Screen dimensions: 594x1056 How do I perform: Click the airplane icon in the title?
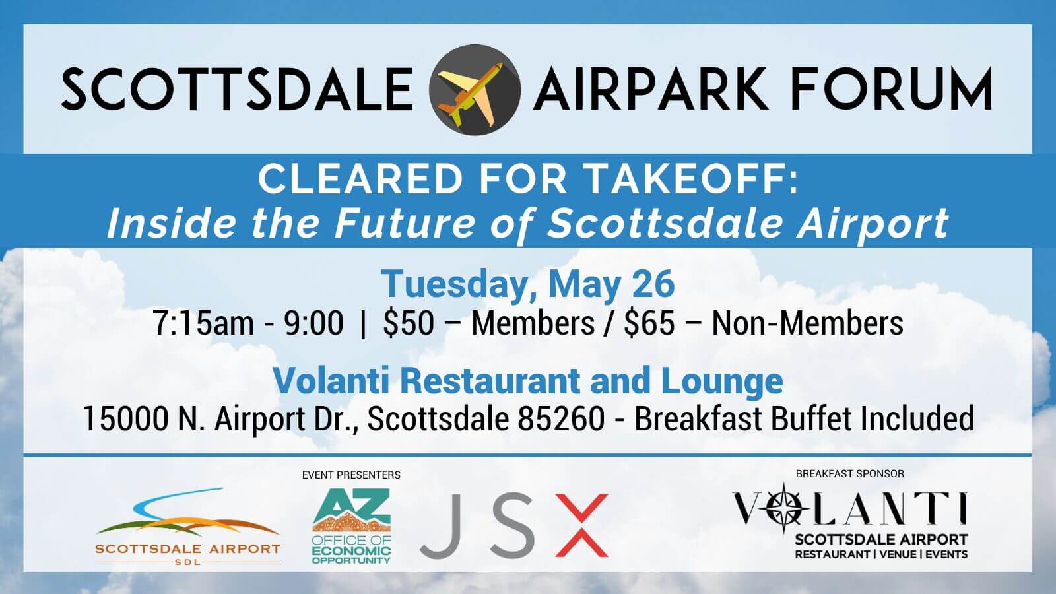475,89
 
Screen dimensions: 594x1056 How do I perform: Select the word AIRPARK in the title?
651,89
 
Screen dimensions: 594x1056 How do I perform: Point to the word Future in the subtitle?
403,223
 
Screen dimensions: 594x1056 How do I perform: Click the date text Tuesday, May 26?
528,284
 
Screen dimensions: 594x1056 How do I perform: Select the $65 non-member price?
649,323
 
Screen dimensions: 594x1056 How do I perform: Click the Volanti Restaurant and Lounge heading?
528,381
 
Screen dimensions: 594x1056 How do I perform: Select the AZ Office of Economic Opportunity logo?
351,526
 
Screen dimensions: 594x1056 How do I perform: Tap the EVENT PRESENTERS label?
351,475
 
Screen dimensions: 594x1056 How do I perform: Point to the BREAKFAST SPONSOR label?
849,473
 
